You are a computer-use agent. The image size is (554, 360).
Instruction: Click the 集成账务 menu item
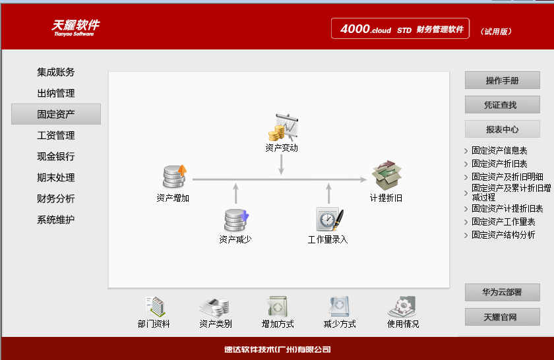56,72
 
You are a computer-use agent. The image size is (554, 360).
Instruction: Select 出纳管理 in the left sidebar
56,93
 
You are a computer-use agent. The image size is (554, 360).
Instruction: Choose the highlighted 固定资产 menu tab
56,114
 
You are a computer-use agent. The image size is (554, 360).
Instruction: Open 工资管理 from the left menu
56,135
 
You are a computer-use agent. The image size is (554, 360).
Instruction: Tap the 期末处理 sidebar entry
56,177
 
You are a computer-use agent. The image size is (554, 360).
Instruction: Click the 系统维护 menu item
56,220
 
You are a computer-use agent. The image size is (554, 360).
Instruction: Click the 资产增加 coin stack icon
174,177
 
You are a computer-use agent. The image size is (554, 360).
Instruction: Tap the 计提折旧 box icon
386,176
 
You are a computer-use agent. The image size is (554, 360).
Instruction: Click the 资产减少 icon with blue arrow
235,220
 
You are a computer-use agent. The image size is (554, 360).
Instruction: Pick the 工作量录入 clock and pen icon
328,220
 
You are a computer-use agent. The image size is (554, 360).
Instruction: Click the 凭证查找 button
502,104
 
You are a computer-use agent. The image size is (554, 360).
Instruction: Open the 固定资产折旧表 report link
499,164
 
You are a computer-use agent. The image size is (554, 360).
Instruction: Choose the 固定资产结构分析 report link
503,235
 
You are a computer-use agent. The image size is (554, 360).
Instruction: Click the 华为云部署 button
502,292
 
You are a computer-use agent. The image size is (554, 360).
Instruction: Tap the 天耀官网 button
502,316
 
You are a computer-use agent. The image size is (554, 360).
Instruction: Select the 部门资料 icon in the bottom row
154,307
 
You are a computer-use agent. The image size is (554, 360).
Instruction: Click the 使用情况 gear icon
402,307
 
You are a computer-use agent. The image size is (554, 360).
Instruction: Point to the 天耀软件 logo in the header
75,27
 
